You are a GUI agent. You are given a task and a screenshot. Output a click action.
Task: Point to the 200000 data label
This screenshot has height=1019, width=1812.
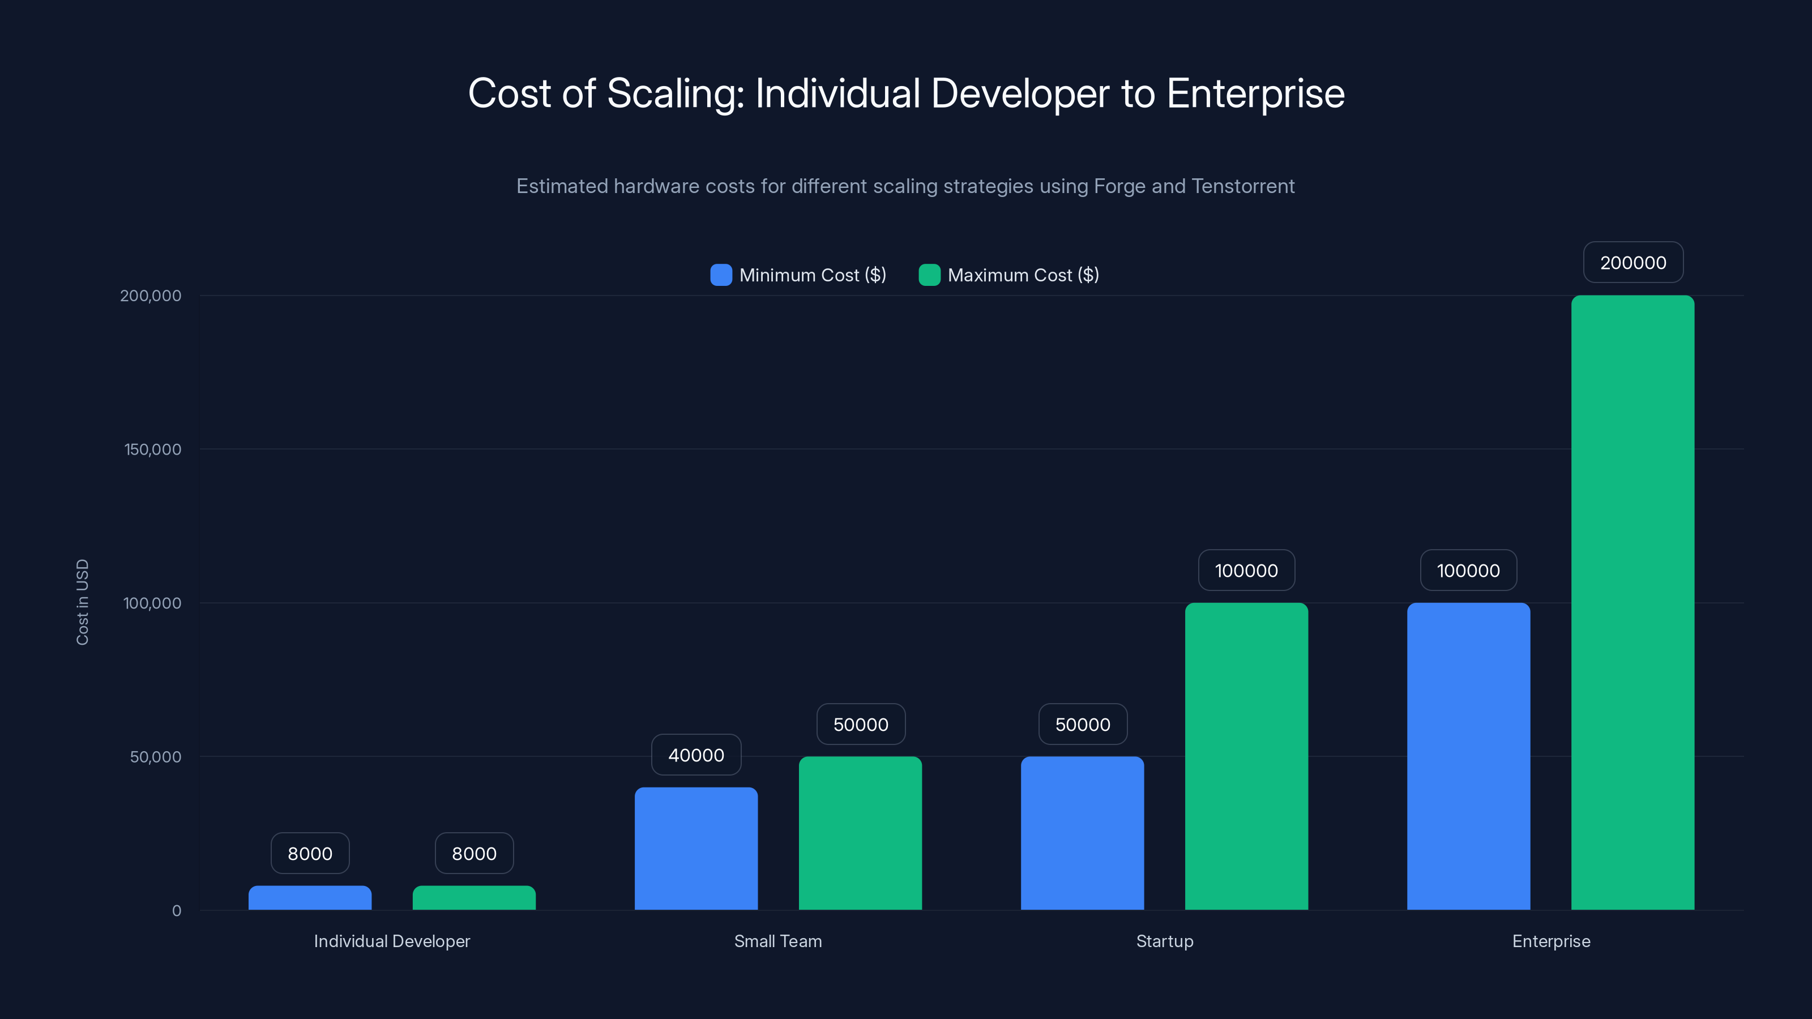click(x=1632, y=262)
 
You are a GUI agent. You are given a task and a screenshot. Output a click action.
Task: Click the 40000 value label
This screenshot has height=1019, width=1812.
click(x=696, y=755)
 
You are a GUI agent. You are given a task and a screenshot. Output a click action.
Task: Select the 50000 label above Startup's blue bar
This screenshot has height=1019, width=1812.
click(x=1083, y=725)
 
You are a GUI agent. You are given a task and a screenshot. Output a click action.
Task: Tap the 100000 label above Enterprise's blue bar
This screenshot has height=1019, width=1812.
click(x=1468, y=570)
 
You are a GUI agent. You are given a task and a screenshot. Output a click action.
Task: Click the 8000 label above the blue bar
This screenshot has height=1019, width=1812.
click(x=310, y=853)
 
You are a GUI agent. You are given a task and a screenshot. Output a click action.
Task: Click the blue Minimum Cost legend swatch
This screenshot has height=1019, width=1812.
click(x=721, y=275)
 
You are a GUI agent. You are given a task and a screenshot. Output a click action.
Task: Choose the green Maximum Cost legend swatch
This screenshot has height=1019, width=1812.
click(x=929, y=275)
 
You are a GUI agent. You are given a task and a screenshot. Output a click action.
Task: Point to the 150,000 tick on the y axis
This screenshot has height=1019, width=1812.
click(x=153, y=449)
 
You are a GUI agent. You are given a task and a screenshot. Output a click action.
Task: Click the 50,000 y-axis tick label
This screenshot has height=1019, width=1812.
click(x=156, y=757)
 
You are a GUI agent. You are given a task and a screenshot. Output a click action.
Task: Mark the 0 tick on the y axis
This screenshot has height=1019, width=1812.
click(x=177, y=911)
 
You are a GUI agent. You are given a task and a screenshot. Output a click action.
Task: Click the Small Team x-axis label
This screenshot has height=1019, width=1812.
click(x=778, y=941)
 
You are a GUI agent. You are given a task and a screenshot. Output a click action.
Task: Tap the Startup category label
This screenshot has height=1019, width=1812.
click(x=1164, y=941)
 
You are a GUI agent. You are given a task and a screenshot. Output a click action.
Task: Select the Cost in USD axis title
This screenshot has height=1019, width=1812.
click(x=82, y=602)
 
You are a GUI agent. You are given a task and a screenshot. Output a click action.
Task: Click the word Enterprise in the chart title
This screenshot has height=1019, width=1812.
click(x=1255, y=93)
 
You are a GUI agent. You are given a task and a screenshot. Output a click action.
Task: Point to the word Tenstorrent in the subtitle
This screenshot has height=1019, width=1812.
click(x=1243, y=186)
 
